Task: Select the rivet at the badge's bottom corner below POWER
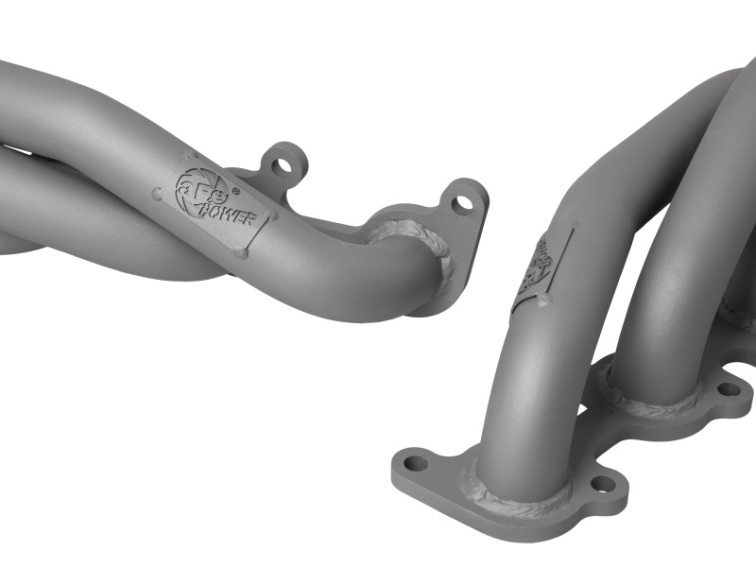pyautogui.click(x=243, y=252)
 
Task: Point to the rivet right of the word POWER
pyautogui.click(x=273, y=216)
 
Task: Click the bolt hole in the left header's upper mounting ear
pyautogui.click(x=282, y=166)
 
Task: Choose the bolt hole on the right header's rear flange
pyautogui.click(x=728, y=387)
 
